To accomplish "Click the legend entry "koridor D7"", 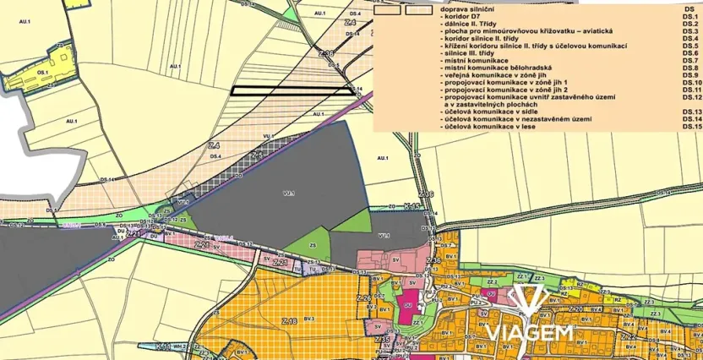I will coord(464,16).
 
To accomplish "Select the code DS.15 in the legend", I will coord(692,126).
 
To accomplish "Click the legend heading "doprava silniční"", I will coord(466,8).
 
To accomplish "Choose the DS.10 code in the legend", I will coord(692,82).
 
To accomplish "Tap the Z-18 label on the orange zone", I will coord(290,321).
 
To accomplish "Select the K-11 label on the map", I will coord(163,346).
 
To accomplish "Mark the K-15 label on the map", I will coord(411,205).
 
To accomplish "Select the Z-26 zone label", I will coord(364,299).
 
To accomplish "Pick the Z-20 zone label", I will coord(577,309).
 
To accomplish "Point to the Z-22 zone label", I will coord(629,335).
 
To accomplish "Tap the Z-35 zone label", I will coord(381,340).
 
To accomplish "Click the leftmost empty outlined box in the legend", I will coord(388,12).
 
